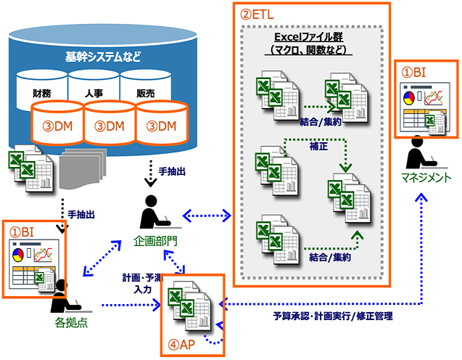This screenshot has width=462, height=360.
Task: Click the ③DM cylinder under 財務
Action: tap(57, 126)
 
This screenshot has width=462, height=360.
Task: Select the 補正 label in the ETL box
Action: tap(308, 146)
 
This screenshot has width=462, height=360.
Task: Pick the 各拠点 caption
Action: tap(72, 322)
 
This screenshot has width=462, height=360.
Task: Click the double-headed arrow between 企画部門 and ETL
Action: tap(207, 214)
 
